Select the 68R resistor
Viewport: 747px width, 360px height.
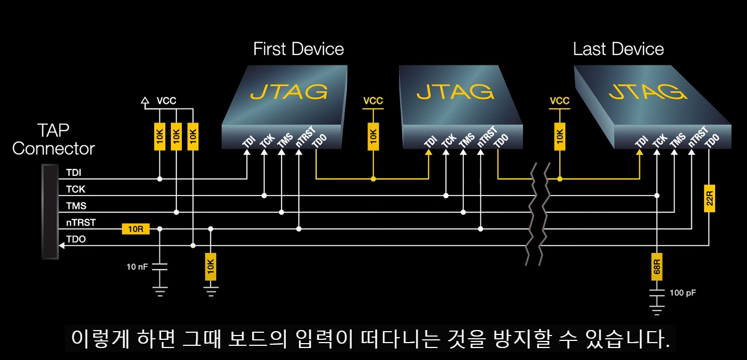click(x=657, y=266)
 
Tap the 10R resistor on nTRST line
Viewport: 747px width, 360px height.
click(x=136, y=229)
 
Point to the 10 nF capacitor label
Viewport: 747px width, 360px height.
click(x=137, y=267)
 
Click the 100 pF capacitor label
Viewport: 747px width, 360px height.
click(x=683, y=293)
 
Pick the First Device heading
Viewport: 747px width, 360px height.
click(x=298, y=49)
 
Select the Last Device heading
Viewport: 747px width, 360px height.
click(x=618, y=49)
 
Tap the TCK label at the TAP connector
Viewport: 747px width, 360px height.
click(x=76, y=190)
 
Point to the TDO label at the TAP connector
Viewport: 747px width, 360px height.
click(x=76, y=239)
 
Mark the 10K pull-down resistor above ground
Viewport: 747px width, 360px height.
click(x=211, y=267)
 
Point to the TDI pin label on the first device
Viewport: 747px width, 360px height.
click(x=249, y=141)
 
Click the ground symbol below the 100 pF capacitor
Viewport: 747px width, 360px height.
click(x=657, y=310)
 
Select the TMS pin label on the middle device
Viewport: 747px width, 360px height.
click(x=466, y=141)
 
